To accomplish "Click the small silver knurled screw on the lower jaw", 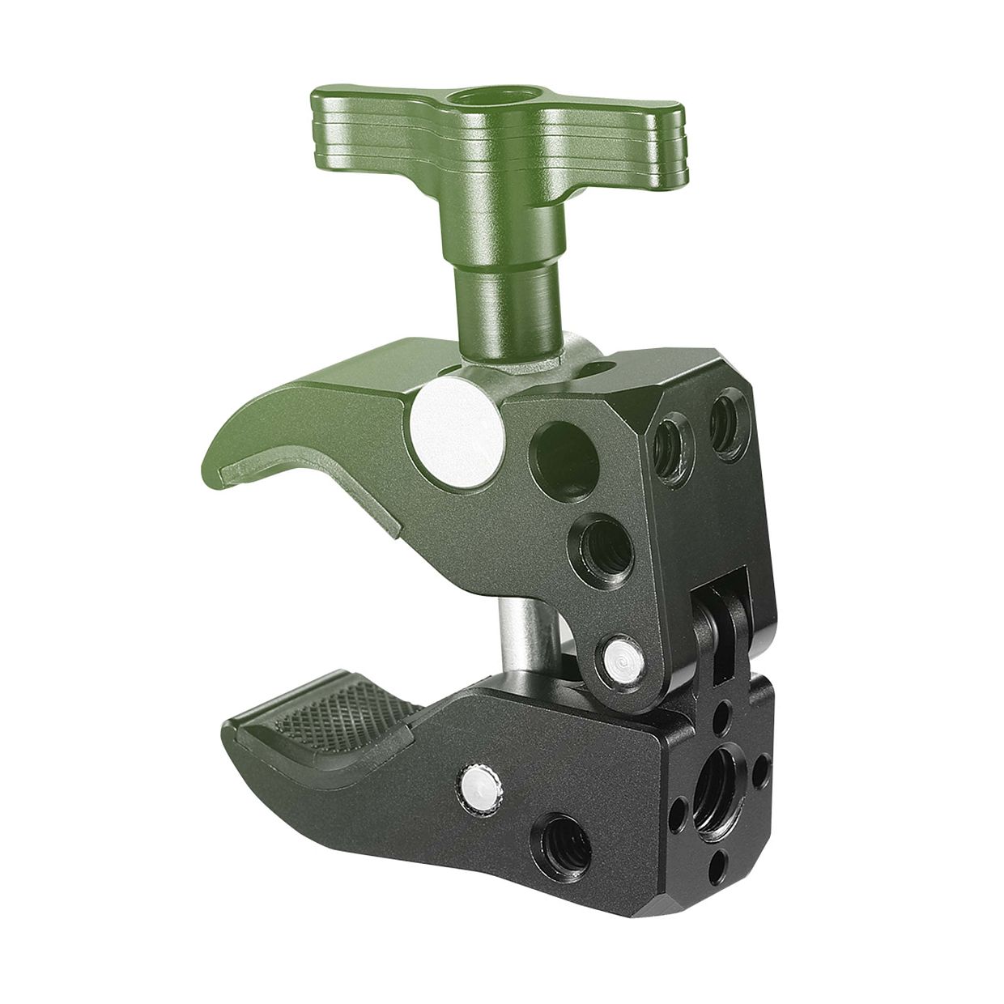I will (479, 780).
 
